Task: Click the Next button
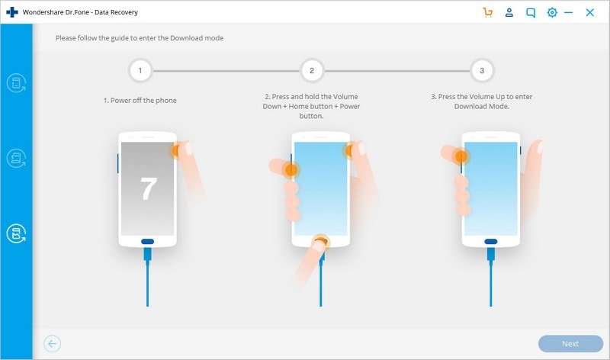(x=570, y=344)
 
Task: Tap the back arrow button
(x=52, y=344)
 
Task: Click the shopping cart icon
(x=487, y=12)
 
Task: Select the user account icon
(x=509, y=12)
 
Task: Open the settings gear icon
(x=551, y=12)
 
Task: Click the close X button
(x=589, y=12)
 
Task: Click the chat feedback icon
(x=530, y=13)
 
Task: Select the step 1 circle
(x=140, y=71)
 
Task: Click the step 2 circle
(x=312, y=71)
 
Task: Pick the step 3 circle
(x=482, y=71)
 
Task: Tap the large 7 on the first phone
(x=148, y=188)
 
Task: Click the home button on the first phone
(x=147, y=242)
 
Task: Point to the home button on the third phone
(x=491, y=242)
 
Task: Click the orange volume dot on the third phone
(x=461, y=157)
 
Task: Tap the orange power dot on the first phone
(x=176, y=150)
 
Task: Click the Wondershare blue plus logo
(x=12, y=12)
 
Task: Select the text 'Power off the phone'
(x=143, y=101)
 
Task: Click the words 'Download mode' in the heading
(x=197, y=38)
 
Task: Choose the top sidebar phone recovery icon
(x=16, y=83)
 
